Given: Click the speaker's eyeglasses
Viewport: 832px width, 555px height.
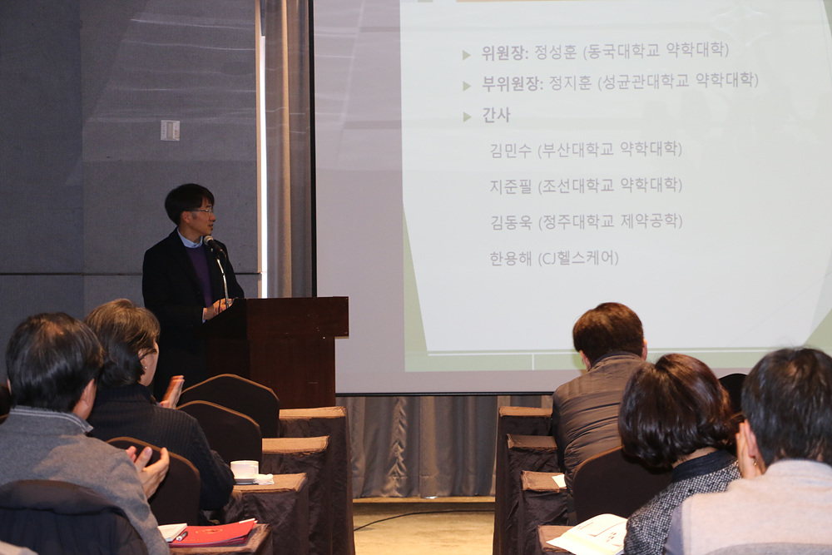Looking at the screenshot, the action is [201, 211].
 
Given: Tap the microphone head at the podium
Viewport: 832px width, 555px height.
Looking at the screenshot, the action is [210, 242].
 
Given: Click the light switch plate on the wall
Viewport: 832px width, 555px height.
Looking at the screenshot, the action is [170, 131].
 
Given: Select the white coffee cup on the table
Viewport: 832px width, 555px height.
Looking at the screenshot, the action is [244, 470].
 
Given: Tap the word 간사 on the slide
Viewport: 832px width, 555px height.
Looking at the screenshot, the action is [496, 115].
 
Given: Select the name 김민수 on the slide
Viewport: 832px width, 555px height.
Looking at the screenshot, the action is [511, 151].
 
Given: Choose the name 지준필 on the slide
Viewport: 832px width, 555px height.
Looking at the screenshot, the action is [511, 186].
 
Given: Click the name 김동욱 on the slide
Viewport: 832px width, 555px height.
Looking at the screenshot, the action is [511, 222].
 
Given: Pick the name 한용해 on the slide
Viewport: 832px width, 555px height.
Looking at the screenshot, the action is [511, 259].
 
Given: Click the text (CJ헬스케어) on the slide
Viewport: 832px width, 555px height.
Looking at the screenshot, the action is [578, 259].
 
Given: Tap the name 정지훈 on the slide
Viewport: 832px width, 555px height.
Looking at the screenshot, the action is [570, 82].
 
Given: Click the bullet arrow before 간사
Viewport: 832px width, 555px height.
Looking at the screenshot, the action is [467, 116].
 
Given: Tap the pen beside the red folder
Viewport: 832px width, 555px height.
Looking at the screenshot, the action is [181, 536].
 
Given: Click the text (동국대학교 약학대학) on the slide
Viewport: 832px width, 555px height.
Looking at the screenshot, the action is [656, 51].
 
